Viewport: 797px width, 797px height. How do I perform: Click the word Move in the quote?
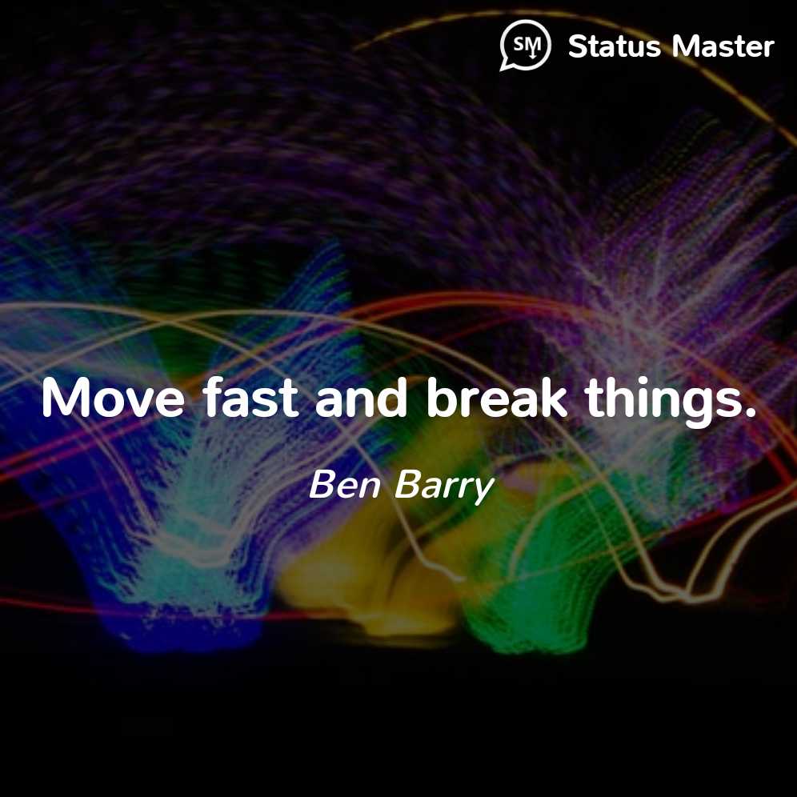click(x=113, y=398)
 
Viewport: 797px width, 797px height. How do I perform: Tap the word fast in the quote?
click(x=250, y=397)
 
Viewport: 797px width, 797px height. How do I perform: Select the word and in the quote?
click(x=361, y=397)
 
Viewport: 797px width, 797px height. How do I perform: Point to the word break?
click(x=497, y=397)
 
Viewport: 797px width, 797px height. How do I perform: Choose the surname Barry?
click(x=444, y=487)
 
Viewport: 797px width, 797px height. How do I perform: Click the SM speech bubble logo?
click(x=525, y=45)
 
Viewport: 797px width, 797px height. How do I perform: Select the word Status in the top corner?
click(x=614, y=46)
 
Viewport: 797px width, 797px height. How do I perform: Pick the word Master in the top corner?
click(x=723, y=46)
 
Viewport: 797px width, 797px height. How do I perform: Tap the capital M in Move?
click(x=66, y=398)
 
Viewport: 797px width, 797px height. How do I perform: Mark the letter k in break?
click(x=552, y=397)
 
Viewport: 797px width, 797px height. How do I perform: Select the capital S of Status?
click(x=579, y=46)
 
